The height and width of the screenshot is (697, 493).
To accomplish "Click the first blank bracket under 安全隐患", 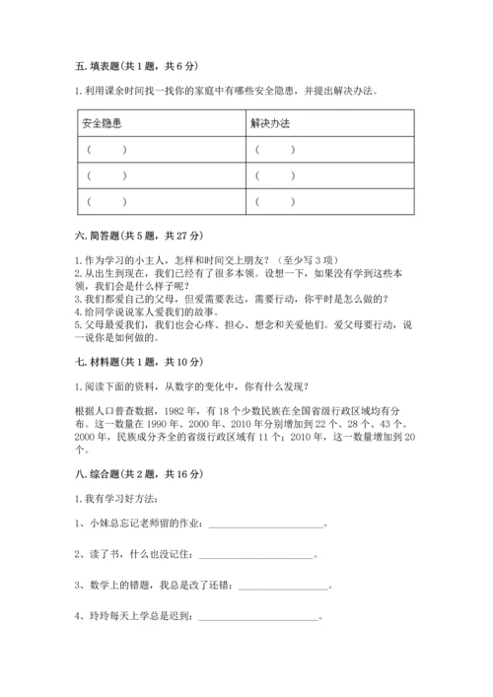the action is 106,151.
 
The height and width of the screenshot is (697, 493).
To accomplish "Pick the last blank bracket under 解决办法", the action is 275,201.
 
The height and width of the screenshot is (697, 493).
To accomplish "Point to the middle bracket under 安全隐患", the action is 106,176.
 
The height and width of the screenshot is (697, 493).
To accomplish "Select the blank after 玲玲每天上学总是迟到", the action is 260,648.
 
